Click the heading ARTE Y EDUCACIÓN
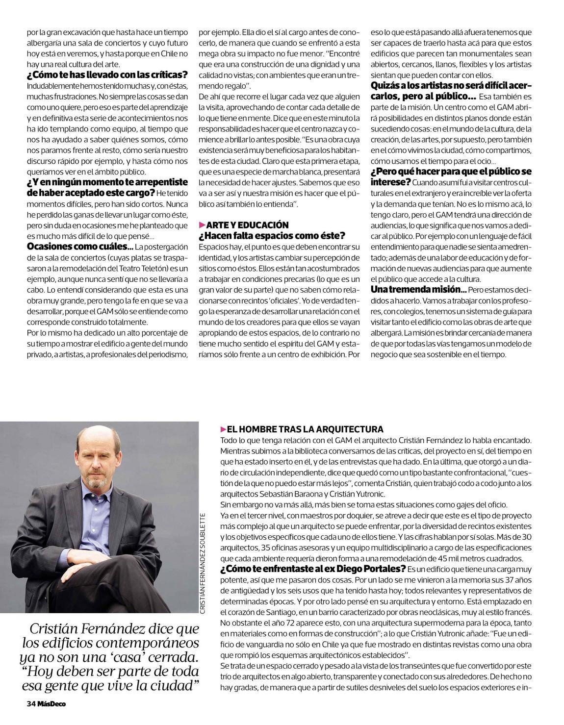point(247,225)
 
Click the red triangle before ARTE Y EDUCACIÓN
point(202,225)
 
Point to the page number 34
point(31,703)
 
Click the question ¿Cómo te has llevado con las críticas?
point(107,75)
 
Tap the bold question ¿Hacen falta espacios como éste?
point(272,235)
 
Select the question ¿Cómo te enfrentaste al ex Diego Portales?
point(313,569)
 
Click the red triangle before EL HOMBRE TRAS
point(224,429)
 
